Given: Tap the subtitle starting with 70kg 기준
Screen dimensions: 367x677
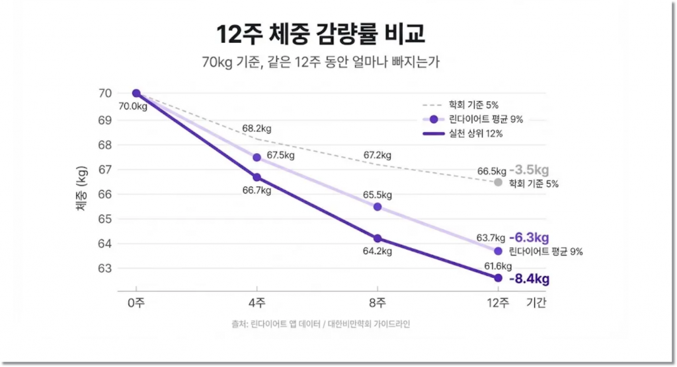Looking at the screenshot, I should pyautogui.click(x=321, y=63).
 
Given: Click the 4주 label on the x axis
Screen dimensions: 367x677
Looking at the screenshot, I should pyautogui.click(x=257, y=302).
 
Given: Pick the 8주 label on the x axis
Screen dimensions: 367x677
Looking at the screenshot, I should pyautogui.click(x=377, y=302).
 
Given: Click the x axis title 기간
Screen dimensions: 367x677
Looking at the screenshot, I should pyautogui.click(x=537, y=302).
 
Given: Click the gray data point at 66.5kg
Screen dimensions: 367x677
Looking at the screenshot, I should pyautogui.click(x=498, y=182).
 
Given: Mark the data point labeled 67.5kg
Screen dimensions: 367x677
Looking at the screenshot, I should pyautogui.click(x=257, y=157).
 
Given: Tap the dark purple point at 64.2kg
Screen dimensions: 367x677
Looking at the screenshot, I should pyautogui.click(x=377, y=238).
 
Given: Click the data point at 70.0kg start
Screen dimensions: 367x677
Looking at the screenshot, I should pyautogui.click(x=136, y=93).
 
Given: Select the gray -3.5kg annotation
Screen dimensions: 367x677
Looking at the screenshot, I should pyautogui.click(x=529, y=170).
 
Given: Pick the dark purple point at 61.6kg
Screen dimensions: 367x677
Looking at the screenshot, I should pyautogui.click(x=498, y=278).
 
